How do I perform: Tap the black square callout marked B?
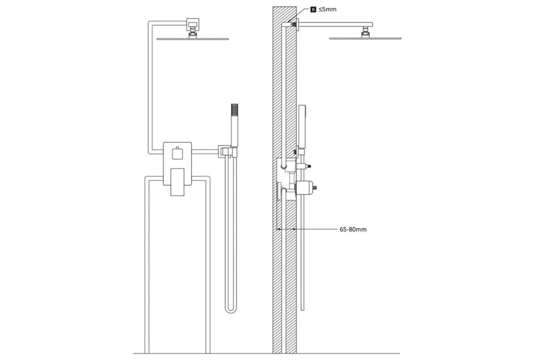(x=314, y=10)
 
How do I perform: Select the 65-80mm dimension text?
(x=353, y=230)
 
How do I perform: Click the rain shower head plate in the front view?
(x=193, y=39)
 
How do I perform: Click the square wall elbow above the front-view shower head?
(x=193, y=25)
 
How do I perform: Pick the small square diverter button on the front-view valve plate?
(x=176, y=154)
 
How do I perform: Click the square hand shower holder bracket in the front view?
(x=224, y=151)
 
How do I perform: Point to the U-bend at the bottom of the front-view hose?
(x=230, y=309)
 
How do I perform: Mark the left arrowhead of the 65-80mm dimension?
(x=278, y=230)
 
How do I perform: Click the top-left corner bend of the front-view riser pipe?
(x=150, y=24)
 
